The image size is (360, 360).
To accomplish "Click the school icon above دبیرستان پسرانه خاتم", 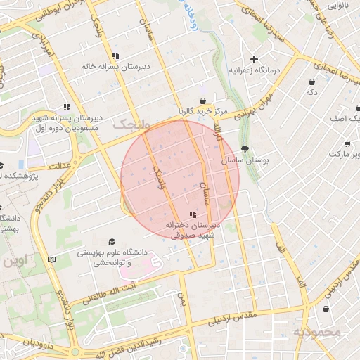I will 115,56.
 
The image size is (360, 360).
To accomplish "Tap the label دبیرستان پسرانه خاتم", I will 114,67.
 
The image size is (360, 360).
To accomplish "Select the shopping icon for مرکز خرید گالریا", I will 202,101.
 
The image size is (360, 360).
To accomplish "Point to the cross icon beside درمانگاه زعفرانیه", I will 254,59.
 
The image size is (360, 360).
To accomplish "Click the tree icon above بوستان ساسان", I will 244,149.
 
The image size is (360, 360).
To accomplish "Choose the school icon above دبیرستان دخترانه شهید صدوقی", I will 193,214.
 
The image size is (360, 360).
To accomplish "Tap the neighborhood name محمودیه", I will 316,331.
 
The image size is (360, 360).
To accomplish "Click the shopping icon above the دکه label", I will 311,81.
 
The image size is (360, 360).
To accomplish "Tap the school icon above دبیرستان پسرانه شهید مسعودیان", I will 67,107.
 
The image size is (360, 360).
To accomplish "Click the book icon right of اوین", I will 51,259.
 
